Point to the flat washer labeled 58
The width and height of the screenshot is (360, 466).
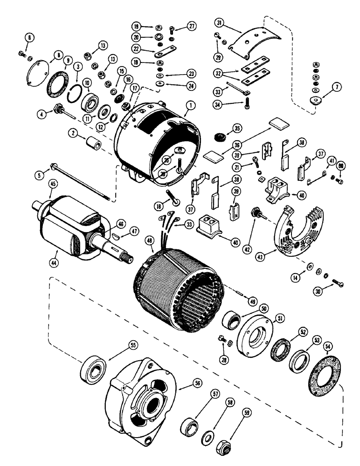pos(207,437)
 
